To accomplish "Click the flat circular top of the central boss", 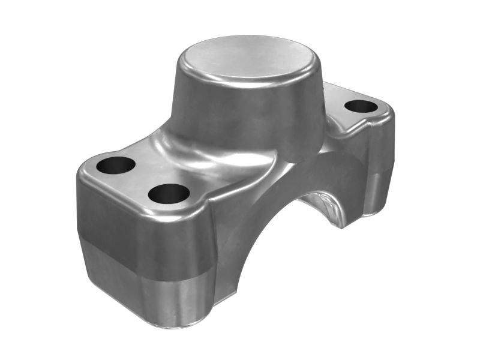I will pos(248,59).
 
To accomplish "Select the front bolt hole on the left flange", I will pos(169,193).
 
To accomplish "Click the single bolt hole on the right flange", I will pos(361,107).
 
